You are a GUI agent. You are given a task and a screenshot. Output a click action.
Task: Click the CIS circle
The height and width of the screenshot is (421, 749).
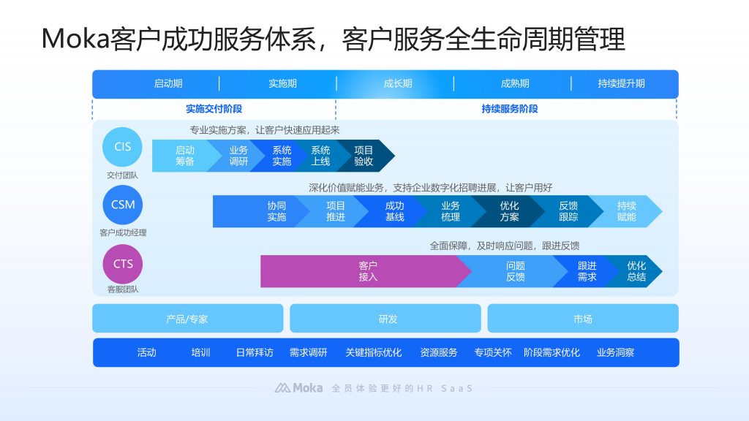pyautogui.click(x=123, y=147)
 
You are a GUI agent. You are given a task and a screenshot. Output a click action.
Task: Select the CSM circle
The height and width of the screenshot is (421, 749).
pyautogui.click(x=123, y=205)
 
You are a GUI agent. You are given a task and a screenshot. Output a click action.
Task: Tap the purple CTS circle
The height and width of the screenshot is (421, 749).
pyautogui.click(x=123, y=264)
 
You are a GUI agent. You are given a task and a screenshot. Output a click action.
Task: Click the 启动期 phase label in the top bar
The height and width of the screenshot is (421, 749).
pyautogui.click(x=168, y=83)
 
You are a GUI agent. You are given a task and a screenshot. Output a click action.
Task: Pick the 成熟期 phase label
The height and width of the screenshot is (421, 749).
pyautogui.click(x=515, y=83)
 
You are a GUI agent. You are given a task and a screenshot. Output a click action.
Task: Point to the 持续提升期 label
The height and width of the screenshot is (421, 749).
pyautogui.click(x=621, y=83)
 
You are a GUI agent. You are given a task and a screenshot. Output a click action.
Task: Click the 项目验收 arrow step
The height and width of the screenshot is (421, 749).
pyautogui.click(x=364, y=156)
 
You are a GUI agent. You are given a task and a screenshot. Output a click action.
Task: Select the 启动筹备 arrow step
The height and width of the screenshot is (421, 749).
pyautogui.click(x=184, y=156)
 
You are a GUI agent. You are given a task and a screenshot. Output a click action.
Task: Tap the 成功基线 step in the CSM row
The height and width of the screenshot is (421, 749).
pyautogui.click(x=394, y=211)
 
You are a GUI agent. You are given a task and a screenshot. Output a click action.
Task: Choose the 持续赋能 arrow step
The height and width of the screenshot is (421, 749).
pyautogui.click(x=627, y=211)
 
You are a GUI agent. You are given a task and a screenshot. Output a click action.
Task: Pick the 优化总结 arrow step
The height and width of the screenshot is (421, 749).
pyautogui.click(x=636, y=271)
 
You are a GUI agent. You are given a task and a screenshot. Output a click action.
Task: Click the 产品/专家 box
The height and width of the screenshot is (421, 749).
pyautogui.click(x=187, y=319)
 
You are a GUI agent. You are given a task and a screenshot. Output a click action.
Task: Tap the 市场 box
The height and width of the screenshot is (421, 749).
pyautogui.click(x=583, y=319)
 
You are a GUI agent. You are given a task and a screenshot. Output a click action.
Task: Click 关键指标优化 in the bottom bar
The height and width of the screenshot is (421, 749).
pyautogui.click(x=373, y=352)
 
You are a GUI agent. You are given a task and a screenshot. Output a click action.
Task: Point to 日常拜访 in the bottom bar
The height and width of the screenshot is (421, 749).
pyautogui.click(x=255, y=352)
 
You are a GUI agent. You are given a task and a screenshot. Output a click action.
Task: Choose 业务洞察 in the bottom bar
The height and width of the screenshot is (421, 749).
pyautogui.click(x=615, y=352)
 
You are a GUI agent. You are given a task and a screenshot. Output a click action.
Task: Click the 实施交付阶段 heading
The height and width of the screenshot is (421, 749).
pyautogui.click(x=214, y=109)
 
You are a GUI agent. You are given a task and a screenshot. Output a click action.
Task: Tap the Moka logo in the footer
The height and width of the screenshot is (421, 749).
pyautogui.click(x=299, y=388)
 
